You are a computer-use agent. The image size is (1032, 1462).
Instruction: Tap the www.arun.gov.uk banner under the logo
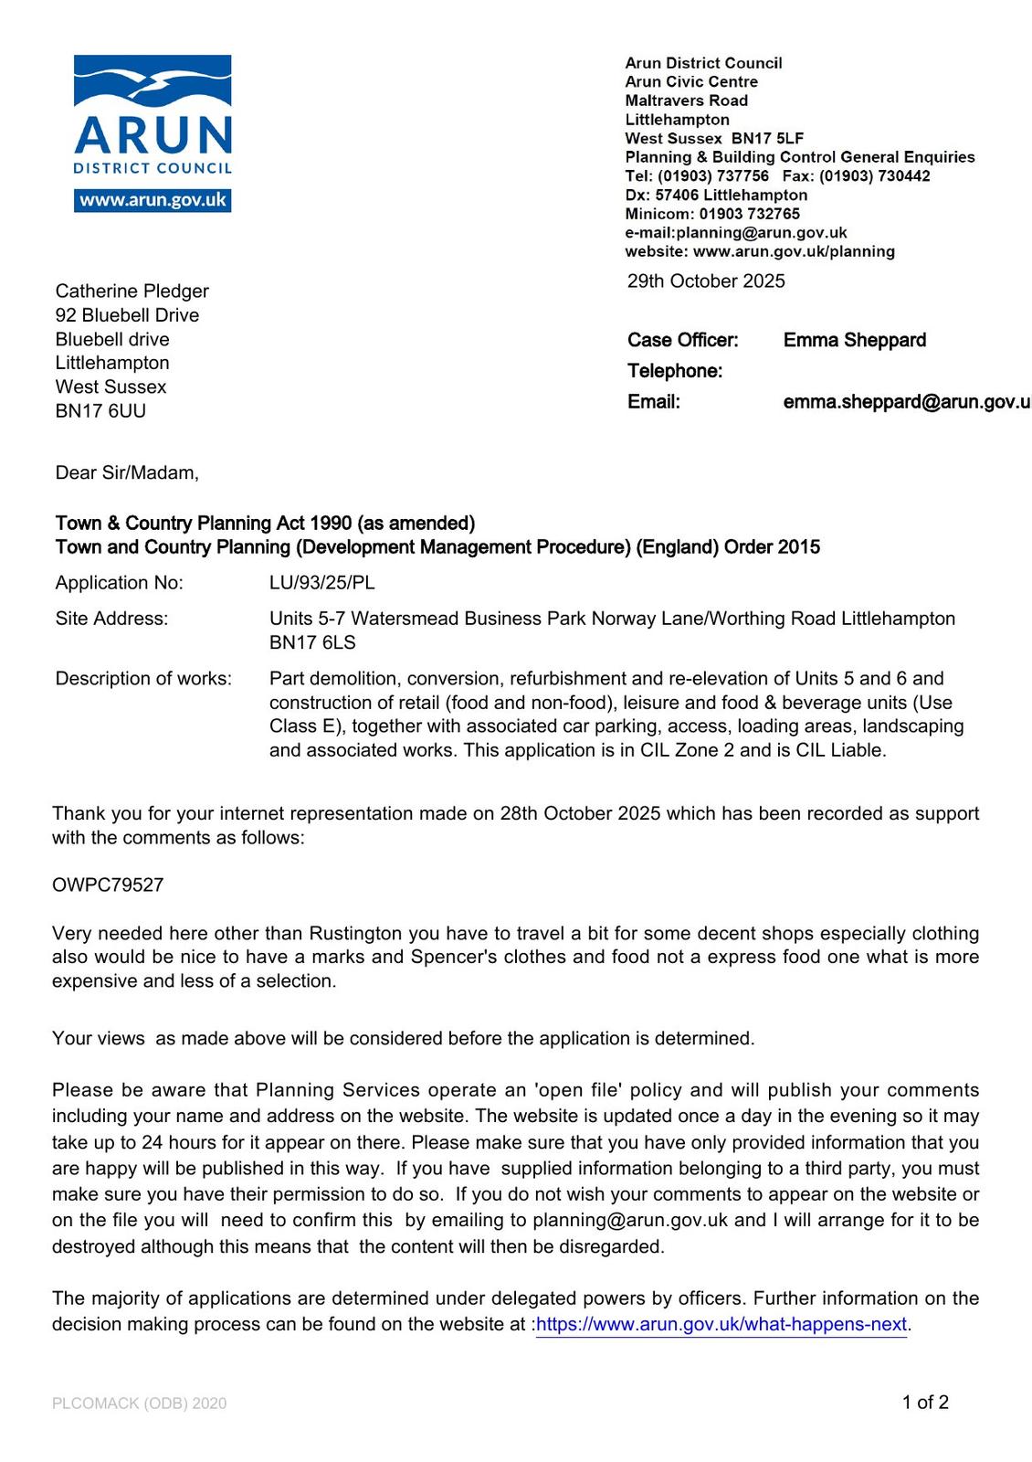(153, 200)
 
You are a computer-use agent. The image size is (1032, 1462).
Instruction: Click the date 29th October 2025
(706, 281)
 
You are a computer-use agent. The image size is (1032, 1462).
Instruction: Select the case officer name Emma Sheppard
(854, 341)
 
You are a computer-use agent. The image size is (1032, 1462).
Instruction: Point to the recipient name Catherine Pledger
(132, 291)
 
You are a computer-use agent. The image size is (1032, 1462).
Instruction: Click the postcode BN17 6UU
(100, 411)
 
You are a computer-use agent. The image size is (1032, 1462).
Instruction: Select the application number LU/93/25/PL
(321, 583)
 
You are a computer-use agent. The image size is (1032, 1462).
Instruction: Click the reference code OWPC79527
(108, 885)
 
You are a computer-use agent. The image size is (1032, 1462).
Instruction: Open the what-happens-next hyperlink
(721, 1325)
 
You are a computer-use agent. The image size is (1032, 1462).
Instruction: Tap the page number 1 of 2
(925, 1403)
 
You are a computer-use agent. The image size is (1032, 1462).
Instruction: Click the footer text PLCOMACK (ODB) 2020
(140, 1404)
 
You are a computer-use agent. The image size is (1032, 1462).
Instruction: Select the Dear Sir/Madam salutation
(127, 473)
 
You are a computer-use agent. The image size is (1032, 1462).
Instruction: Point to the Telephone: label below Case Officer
(675, 371)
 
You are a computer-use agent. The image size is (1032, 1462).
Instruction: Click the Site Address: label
(111, 619)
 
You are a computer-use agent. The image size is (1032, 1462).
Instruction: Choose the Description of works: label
(143, 679)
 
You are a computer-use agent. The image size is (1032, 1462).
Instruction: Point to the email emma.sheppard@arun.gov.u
(906, 402)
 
